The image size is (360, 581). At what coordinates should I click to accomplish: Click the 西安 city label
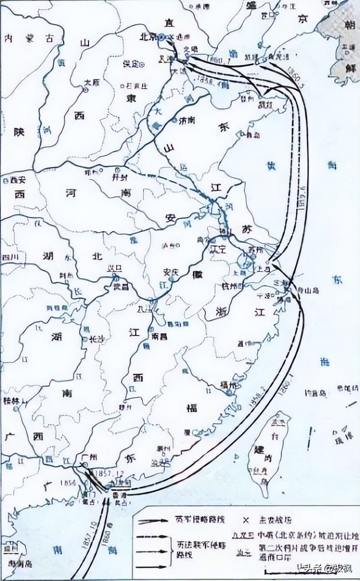tap(17, 180)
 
